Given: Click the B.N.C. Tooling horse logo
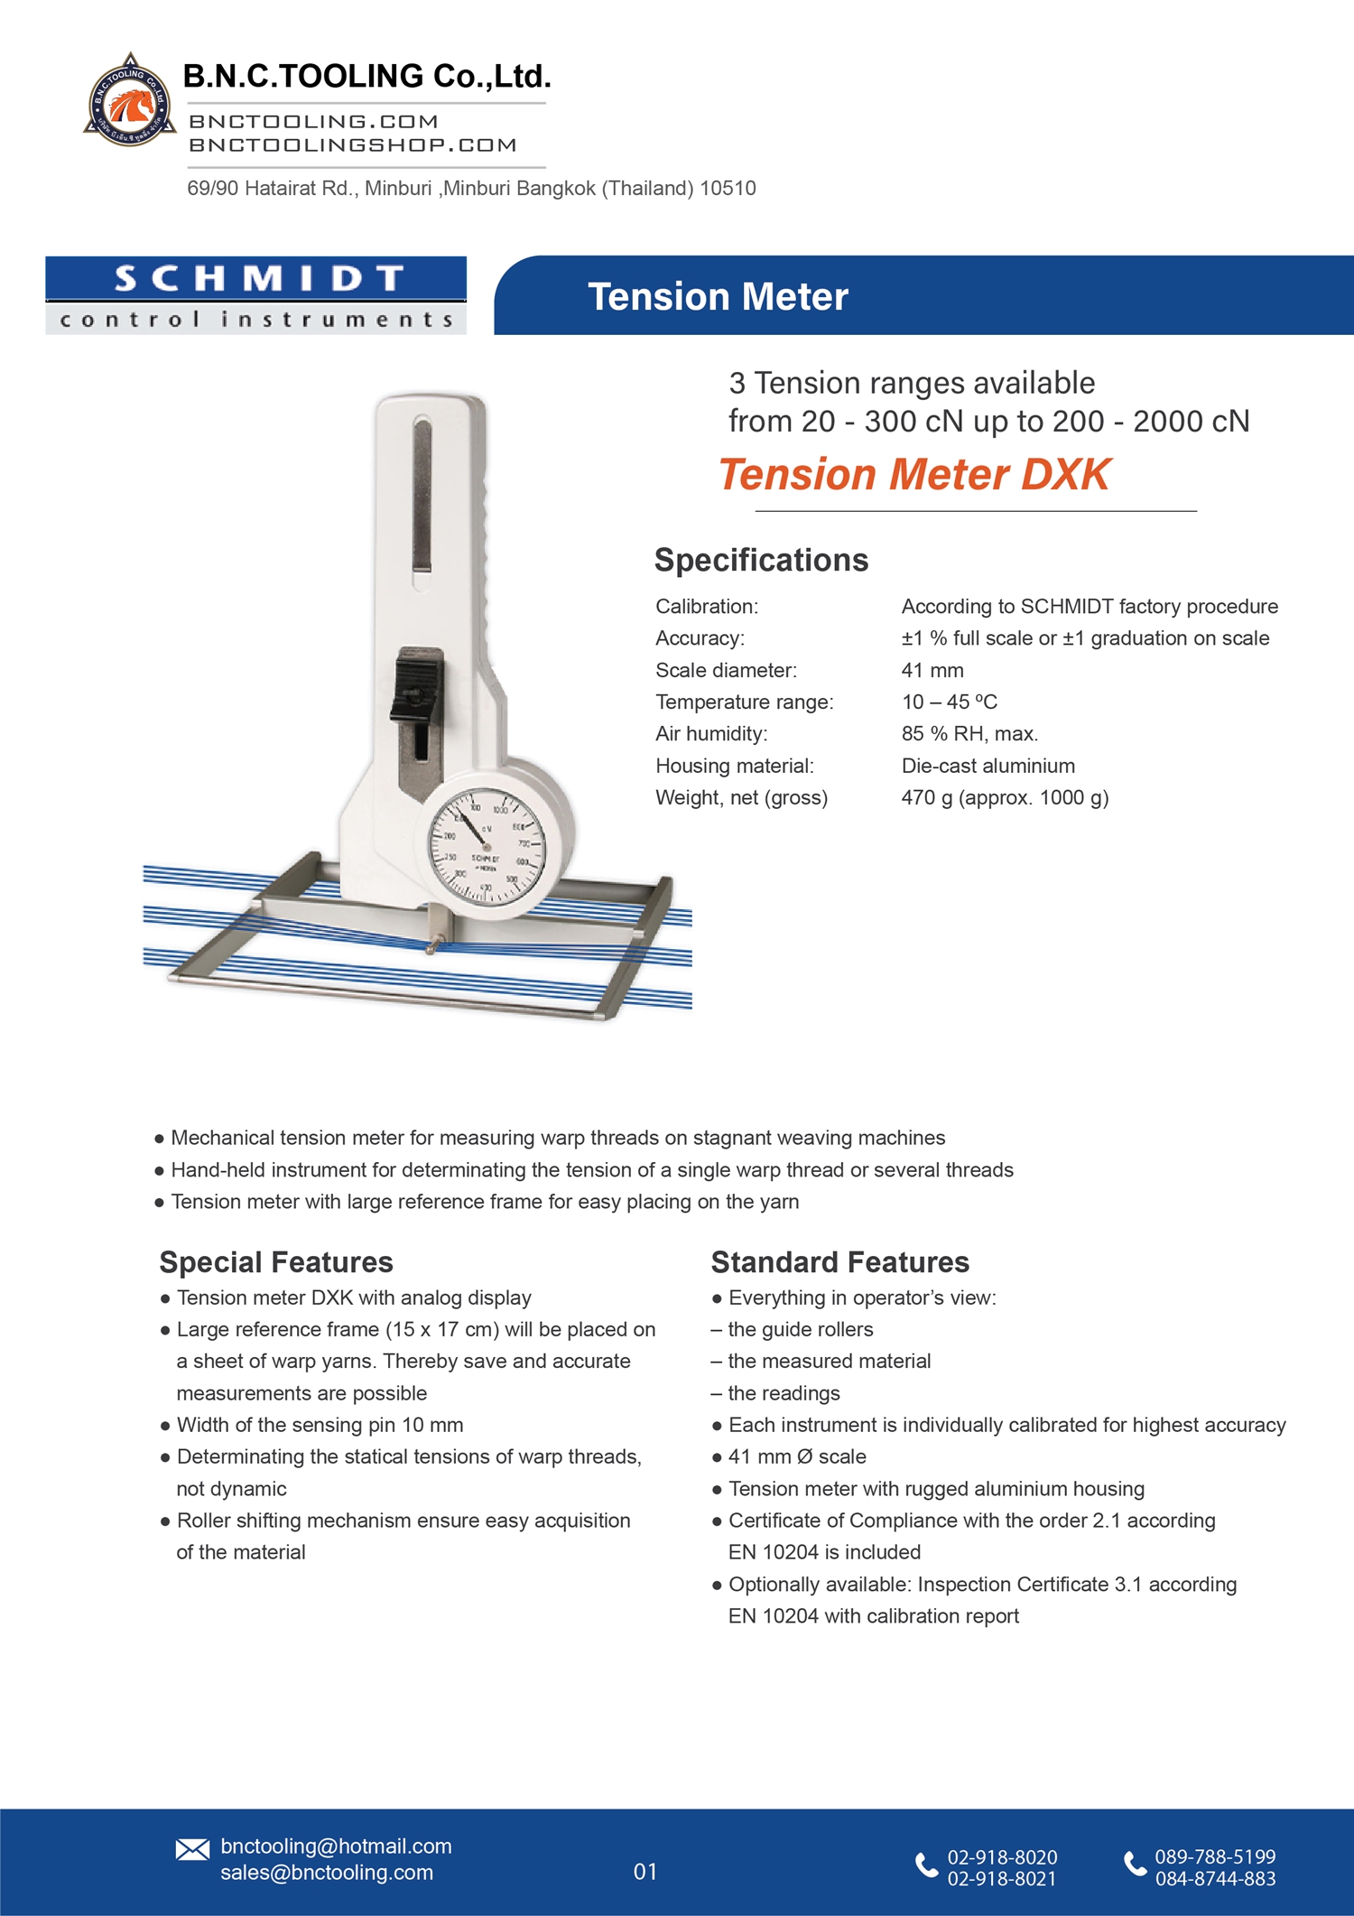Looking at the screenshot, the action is coord(130,101).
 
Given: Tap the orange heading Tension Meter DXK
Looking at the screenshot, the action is coord(914,475).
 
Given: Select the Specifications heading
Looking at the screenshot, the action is coord(761,560).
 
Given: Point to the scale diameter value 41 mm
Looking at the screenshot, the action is coord(932,670).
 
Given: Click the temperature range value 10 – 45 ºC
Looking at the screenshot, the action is coord(950,702).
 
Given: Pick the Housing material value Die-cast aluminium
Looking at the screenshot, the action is coord(988,766).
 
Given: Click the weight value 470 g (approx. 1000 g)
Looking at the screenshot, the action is coord(1005,797).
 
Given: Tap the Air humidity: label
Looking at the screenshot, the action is coord(711,734).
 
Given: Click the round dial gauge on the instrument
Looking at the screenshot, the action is coord(487,844).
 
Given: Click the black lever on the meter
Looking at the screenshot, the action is coord(417,686).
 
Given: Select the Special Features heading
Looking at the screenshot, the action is coord(276,1261).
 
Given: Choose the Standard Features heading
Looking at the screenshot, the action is coord(839,1261).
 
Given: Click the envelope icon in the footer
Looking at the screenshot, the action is coord(192,1849).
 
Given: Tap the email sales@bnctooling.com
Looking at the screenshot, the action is coord(327,1873).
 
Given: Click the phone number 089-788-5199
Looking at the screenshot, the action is coord(1215,1856).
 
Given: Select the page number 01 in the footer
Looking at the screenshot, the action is coord(645,1872).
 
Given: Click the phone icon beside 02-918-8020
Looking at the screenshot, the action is coord(926,1865).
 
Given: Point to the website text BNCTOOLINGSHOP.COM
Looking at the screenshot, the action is coord(353,145).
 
